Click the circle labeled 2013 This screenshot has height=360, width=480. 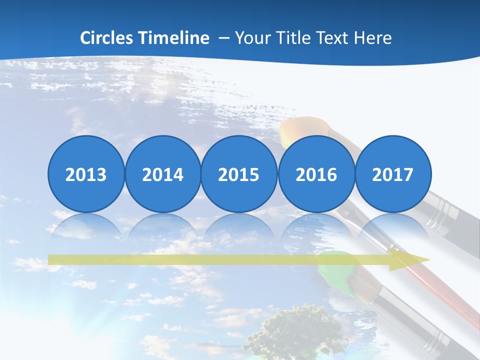click(86, 173)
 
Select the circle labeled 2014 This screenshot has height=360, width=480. click(162, 173)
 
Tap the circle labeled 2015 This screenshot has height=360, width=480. click(239, 173)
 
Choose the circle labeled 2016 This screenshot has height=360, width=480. click(316, 173)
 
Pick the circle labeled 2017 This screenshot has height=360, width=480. click(392, 173)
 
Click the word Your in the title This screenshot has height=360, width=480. click(250, 38)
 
